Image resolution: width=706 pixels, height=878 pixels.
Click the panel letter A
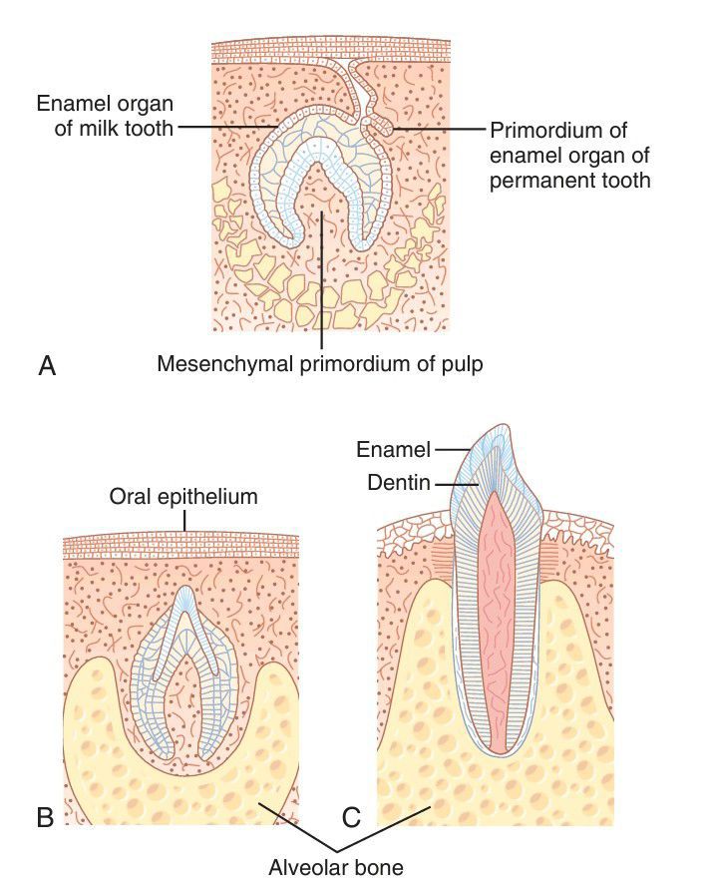46,366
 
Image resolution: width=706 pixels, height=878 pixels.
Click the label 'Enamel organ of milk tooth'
104,115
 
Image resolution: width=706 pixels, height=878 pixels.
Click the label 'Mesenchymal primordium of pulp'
319,364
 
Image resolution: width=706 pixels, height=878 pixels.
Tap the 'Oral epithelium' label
184,496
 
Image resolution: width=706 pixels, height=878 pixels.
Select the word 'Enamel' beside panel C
393,450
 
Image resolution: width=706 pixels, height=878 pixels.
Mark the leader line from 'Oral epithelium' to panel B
184,522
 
